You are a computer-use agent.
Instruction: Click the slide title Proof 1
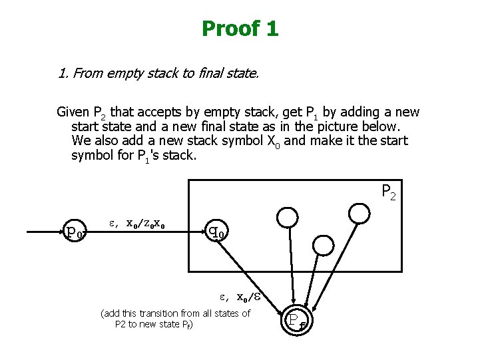(240, 29)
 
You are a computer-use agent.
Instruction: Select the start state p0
(75, 232)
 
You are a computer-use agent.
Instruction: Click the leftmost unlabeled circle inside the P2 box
(288, 216)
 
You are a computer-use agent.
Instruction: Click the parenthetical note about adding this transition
(175, 319)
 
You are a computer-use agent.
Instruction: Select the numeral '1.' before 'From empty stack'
(63, 73)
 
